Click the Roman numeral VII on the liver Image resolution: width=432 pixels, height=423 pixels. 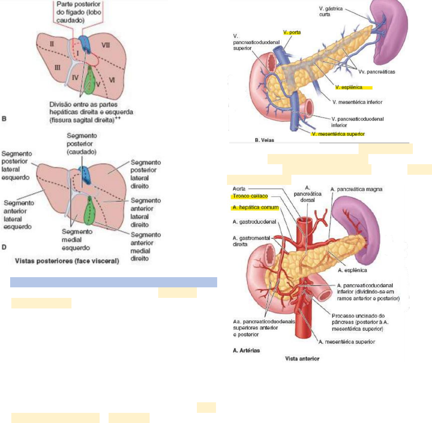point(105,45)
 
